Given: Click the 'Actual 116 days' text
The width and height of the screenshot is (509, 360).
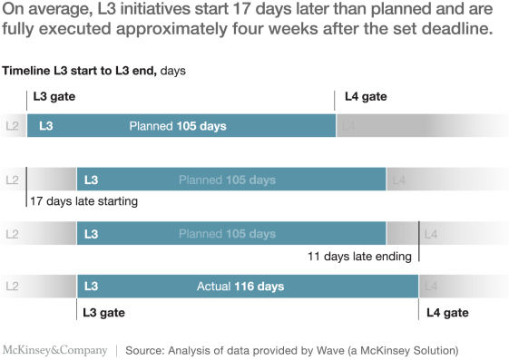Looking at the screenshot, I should [x=240, y=287].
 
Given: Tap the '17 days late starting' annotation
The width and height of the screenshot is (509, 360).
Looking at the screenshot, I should [x=83, y=201].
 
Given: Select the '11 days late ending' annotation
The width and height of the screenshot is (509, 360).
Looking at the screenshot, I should [x=359, y=257].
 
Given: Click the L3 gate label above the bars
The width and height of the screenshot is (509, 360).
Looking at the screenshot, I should [x=54, y=96].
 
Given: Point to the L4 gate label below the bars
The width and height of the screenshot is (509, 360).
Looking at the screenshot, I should [x=447, y=313].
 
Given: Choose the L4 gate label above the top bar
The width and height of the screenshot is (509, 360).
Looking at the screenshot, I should [x=366, y=96].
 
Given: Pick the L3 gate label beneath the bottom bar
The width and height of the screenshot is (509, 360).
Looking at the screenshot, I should [x=103, y=313].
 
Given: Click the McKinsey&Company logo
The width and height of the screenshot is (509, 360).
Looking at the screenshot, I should [x=55, y=350].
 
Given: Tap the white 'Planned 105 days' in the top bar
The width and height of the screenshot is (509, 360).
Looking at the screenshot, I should [x=178, y=126].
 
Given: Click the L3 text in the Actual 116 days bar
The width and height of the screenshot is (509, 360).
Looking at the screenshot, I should [x=91, y=287].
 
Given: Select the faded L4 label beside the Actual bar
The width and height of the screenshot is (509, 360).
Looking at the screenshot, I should [x=431, y=287].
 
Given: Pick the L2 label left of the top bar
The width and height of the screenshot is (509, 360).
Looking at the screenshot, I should [x=12, y=126].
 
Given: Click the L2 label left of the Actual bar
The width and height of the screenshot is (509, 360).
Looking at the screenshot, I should [x=12, y=287].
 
